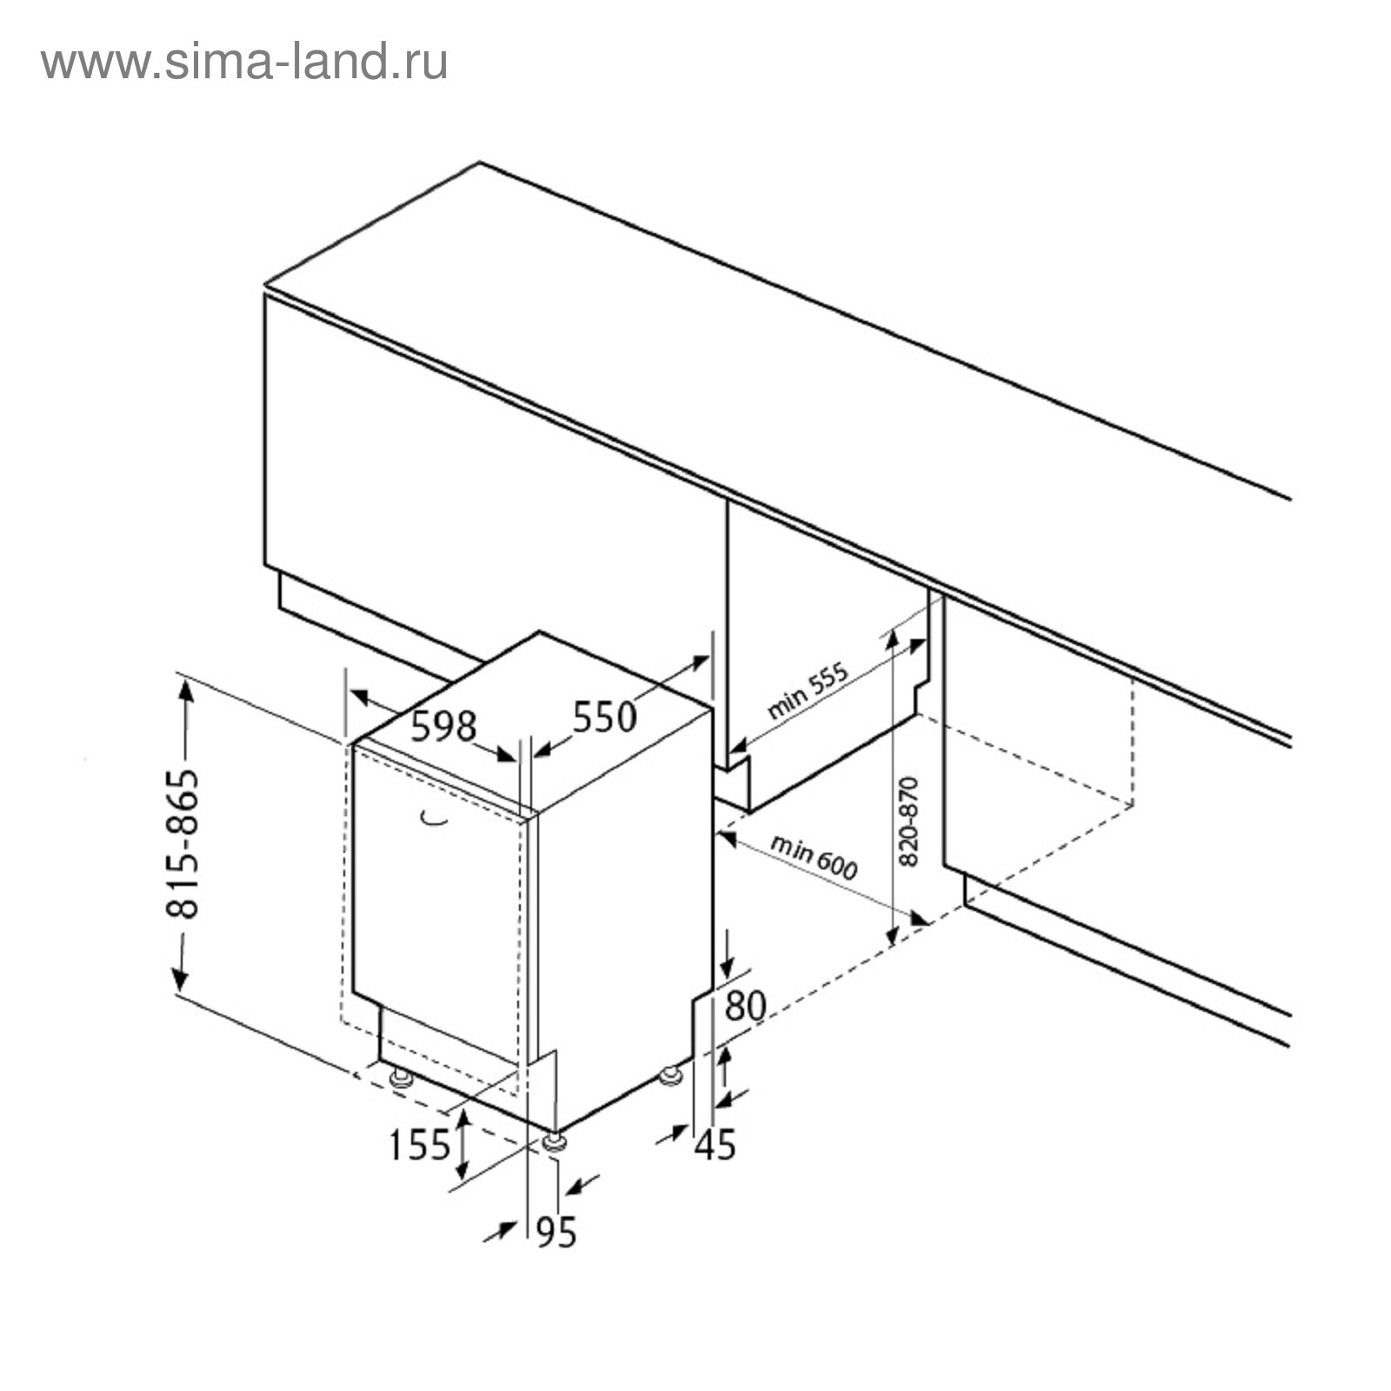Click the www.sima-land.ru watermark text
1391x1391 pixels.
coord(244,63)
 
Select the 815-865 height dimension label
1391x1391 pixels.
coord(183,843)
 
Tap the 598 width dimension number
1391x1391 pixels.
coord(443,727)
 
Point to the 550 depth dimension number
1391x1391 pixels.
coord(604,717)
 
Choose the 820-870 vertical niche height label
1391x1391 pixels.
coord(908,821)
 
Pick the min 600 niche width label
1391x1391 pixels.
coord(814,855)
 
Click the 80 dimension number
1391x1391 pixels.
coord(745,1006)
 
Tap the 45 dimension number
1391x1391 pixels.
coord(715,1145)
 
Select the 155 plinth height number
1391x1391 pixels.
coord(419,1145)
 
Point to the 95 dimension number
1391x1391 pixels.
coord(556,1232)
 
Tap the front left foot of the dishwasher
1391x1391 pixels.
coord(401,1078)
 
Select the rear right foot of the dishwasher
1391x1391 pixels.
coord(669,1076)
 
